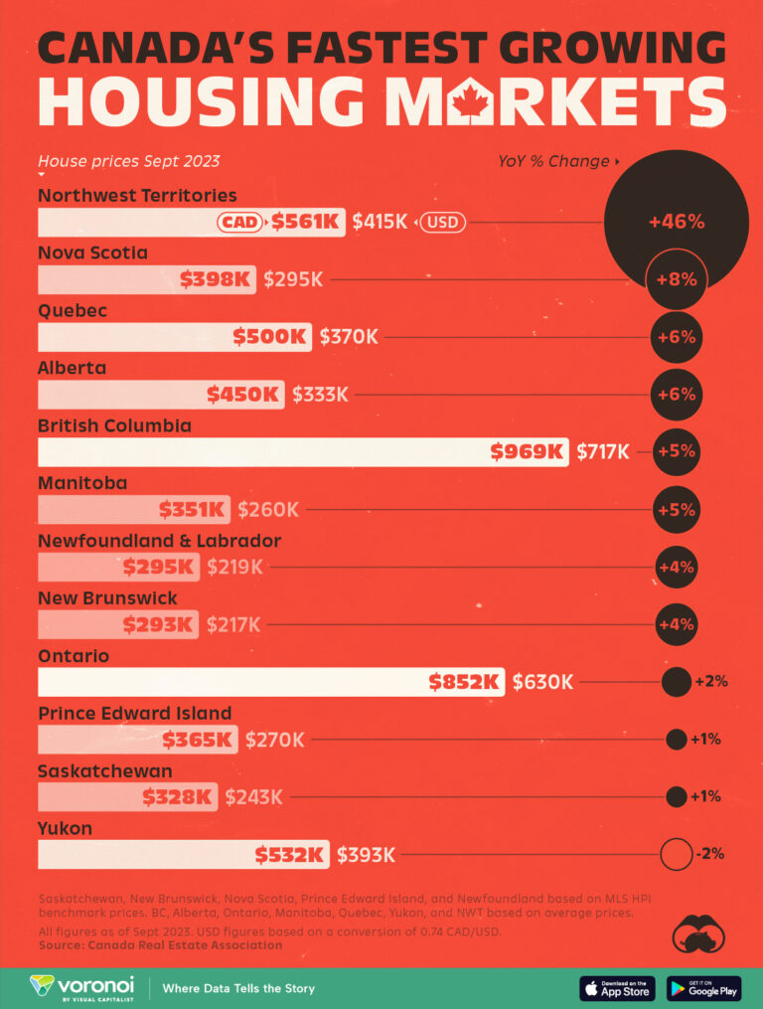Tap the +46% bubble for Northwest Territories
(x=676, y=222)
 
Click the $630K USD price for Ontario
(x=542, y=682)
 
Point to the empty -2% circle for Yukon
(x=676, y=854)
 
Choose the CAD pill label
(x=241, y=222)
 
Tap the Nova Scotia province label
(x=92, y=252)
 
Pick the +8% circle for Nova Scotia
(x=676, y=279)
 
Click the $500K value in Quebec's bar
(x=269, y=337)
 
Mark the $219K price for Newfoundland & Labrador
(x=234, y=567)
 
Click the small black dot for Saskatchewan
(x=677, y=796)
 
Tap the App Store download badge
(x=617, y=988)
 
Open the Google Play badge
(x=703, y=988)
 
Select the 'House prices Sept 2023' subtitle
(x=129, y=161)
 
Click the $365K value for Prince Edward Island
(x=199, y=740)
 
